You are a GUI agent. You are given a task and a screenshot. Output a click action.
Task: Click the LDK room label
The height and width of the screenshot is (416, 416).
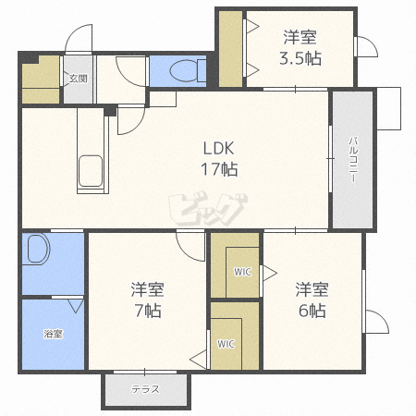(218, 148)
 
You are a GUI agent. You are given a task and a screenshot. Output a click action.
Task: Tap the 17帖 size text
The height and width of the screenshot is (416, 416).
(219, 169)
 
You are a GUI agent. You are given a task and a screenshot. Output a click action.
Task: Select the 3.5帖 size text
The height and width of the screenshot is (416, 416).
(300, 58)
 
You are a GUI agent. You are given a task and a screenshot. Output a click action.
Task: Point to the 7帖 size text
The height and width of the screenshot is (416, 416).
(148, 311)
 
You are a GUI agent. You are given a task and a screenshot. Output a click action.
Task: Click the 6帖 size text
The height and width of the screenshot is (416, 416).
(312, 311)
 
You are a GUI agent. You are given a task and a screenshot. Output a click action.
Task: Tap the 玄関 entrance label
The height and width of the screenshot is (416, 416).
(78, 79)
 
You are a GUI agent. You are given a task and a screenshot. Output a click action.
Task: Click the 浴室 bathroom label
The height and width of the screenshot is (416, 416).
(53, 334)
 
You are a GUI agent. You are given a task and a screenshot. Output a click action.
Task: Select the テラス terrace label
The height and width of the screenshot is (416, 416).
(146, 389)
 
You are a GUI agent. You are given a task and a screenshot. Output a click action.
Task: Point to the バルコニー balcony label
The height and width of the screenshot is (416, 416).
(353, 160)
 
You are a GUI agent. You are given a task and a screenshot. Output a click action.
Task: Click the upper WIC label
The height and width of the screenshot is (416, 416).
(242, 272)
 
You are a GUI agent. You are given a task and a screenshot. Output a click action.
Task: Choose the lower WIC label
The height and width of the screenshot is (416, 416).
(226, 344)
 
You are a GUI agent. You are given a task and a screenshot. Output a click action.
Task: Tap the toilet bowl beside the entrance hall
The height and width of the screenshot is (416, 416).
(188, 70)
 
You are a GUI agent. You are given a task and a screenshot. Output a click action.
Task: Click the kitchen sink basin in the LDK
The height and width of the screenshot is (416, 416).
(91, 171)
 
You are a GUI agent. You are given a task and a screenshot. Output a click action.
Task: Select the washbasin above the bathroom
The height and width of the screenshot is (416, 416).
(36, 249)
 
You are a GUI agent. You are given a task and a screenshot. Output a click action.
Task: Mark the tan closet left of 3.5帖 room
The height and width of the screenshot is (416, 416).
(230, 49)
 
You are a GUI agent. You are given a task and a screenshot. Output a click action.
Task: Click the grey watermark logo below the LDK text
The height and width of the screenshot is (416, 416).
(208, 209)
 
